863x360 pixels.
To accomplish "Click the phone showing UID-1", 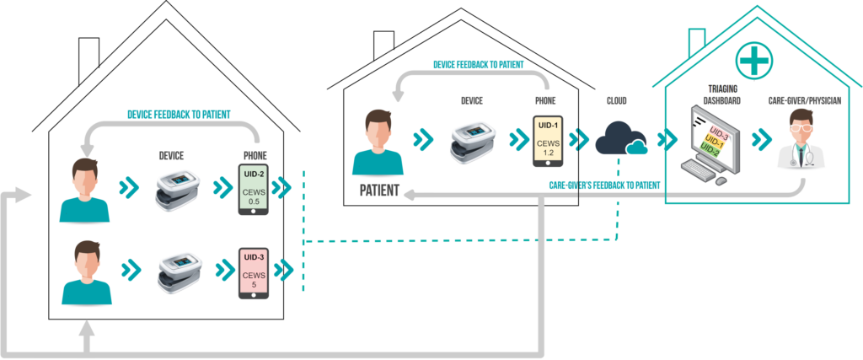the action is tap(548, 140).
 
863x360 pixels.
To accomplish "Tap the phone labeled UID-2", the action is tap(253, 189).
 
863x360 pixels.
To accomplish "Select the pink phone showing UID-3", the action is tap(253, 272).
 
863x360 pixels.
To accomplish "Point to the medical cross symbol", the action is tap(754, 61).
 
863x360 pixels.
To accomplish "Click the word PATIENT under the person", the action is tap(379, 190).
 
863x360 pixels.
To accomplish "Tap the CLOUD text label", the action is tap(615, 101).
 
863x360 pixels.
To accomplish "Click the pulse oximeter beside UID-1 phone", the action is tap(473, 142).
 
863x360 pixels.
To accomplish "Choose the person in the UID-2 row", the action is tap(84, 190).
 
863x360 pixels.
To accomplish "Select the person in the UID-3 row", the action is tap(87, 272).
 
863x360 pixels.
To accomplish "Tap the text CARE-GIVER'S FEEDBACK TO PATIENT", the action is tap(604, 185).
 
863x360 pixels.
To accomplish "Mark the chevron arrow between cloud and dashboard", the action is tap(667, 140).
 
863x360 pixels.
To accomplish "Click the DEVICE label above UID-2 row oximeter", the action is tap(170, 156).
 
